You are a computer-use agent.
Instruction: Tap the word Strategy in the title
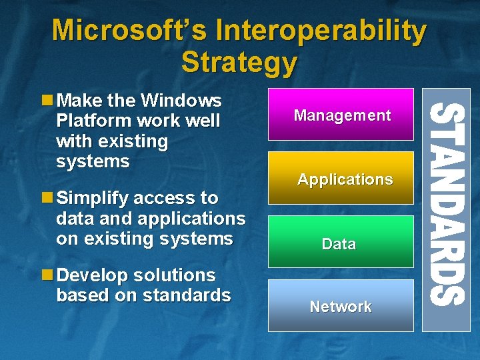(x=239, y=62)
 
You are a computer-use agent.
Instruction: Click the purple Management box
(x=341, y=115)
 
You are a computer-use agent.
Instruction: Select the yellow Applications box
(x=341, y=178)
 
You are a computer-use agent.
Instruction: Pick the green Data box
(x=341, y=242)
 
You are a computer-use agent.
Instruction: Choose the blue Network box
(x=341, y=305)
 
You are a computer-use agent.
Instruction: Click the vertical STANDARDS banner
(x=446, y=210)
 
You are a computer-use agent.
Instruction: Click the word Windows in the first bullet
(x=181, y=101)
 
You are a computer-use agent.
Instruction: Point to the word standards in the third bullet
(x=187, y=295)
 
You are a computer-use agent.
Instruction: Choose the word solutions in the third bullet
(x=175, y=275)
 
